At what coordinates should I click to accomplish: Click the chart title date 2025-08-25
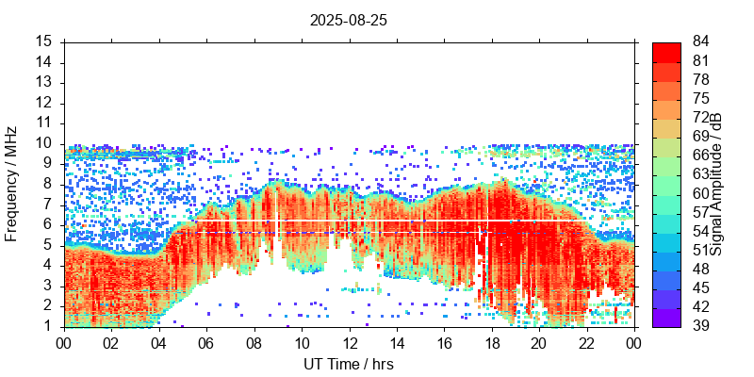[x=349, y=19]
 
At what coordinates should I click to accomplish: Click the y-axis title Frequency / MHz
[x=11, y=184]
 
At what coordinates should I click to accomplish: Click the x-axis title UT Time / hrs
[x=349, y=364]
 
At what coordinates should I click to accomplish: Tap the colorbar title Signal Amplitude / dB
[x=717, y=184]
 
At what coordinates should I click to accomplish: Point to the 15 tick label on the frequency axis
[x=43, y=41]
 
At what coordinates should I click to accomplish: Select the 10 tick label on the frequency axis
[x=43, y=143]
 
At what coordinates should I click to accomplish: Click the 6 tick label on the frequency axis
[x=47, y=224]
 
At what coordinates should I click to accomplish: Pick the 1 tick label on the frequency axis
[x=47, y=326]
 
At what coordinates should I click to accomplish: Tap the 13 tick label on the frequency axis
[x=43, y=82]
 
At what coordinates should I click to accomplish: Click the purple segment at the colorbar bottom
[x=666, y=317]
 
